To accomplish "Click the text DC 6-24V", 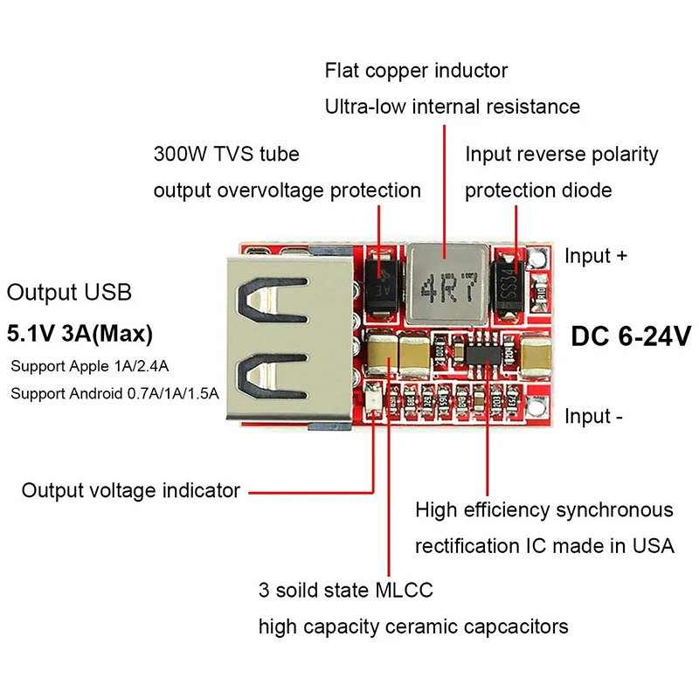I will (x=631, y=336).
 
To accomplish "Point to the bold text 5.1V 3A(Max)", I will (x=80, y=333).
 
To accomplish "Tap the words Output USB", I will (x=69, y=292).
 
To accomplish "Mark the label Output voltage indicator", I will (x=131, y=490).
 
